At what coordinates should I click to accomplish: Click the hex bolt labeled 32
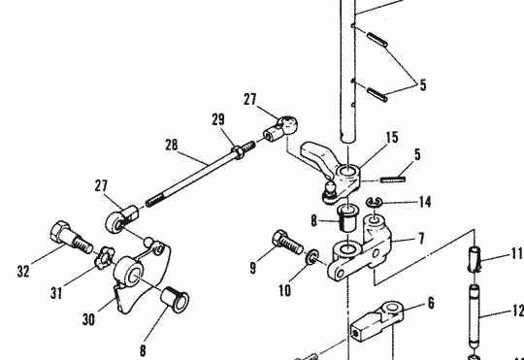(x=71, y=239)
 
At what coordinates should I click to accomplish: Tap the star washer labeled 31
(x=105, y=257)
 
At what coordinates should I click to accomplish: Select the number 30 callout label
(x=88, y=319)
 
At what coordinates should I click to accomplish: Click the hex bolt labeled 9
(x=287, y=242)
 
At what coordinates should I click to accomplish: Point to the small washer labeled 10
(x=312, y=257)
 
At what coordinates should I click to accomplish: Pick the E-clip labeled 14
(x=375, y=203)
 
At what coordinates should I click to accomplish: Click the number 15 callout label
(x=392, y=138)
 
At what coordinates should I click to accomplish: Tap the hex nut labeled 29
(x=238, y=152)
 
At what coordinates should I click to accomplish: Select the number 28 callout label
(x=172, y=146)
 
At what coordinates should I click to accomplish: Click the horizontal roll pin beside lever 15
(x=393, y=180)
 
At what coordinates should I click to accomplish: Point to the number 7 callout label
(x=421, y=239)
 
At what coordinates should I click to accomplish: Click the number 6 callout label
(x=431, y=303)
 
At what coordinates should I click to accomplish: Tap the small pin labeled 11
(x=475, y=259)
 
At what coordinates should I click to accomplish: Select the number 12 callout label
(x=518, y=311)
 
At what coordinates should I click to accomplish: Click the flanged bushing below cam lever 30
(x=175, y=300)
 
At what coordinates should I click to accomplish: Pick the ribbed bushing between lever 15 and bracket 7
(x=348, y=218)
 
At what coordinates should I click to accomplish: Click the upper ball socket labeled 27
(x=281, y=129)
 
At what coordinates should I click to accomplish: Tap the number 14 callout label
(x=424, y=202)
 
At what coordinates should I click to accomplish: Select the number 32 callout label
(x=23, y=271)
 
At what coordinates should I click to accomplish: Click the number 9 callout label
(x=253, y=268)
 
